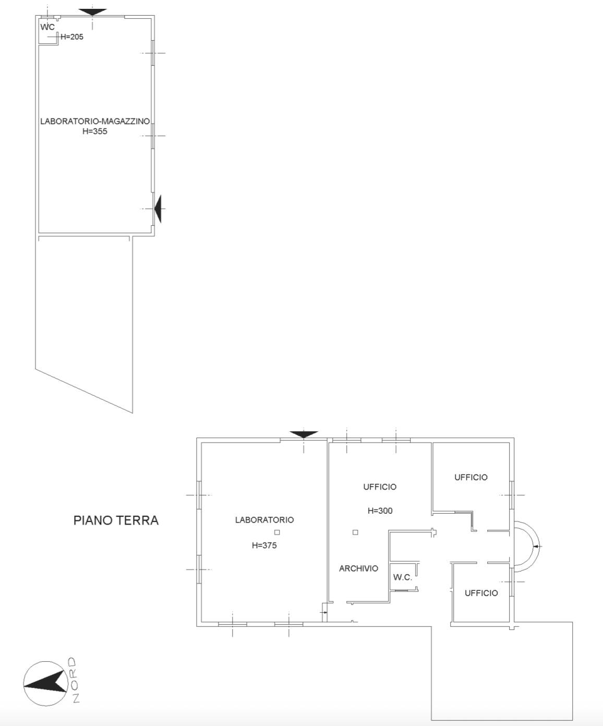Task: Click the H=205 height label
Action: (x=72, y=37)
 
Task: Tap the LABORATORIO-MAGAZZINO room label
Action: (x=95, y=121)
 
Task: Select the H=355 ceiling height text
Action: (x=94, y=131)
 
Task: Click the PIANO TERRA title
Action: (x=116, y=520)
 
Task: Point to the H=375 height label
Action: (x=264, y=545)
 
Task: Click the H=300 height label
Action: (x=380, y=511)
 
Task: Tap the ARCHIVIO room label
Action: (x=358, y=568)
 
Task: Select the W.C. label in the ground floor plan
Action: (x=403, y=577)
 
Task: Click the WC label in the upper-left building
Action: (x=47, y=27)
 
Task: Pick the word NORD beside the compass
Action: (x=75, y=680)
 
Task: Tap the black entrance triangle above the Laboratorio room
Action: (x=304, y=434)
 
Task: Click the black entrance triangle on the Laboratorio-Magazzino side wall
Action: (x=158, y=209)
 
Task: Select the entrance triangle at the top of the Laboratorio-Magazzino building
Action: (x=92, y=12)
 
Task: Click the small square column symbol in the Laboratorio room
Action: (x=277, y=533)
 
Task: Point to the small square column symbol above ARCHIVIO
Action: (x=355, y=533)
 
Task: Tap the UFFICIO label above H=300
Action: (x=380, y=487)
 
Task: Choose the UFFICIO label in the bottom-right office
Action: (x=481, y=593)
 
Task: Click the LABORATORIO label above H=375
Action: (x=264, y=520)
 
